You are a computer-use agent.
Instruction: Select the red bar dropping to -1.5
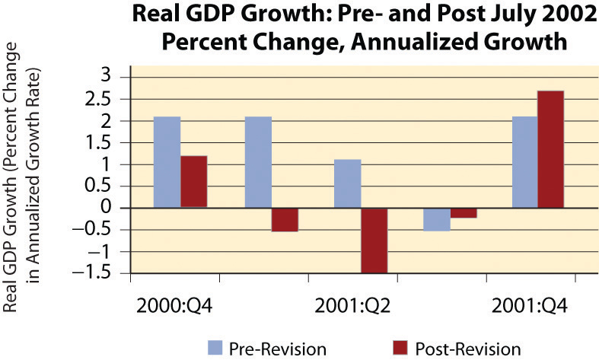click(x=374, y=240)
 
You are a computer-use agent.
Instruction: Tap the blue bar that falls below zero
click(x=436, y=219)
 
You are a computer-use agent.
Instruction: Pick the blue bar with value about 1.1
click(x=347, y=183)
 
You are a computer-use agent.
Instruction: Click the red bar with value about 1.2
click(x=193, y=181)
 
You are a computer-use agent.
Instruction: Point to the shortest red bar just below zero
click(x=464, y=213)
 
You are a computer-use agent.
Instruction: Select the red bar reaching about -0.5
click(x=285, y=219)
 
